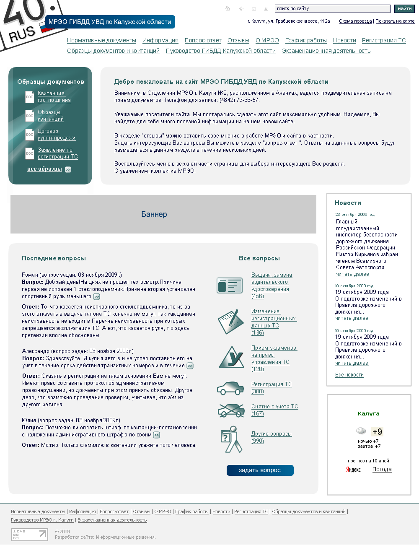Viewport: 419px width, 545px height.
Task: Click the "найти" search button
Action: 404,9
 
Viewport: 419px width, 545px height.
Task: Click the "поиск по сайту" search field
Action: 332,9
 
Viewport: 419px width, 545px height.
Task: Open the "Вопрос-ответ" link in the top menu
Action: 203,41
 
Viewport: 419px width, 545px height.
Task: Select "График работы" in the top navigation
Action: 306,41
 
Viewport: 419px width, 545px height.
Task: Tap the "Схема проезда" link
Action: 355,21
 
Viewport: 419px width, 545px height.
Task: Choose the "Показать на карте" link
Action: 395,21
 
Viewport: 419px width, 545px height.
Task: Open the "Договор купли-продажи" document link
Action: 57,135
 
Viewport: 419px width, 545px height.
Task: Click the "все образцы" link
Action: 44,169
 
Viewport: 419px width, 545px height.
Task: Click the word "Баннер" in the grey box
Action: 154,214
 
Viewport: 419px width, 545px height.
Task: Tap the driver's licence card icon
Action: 230,285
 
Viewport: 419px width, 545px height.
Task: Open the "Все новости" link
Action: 349,375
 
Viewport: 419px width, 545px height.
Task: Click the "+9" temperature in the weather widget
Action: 377,432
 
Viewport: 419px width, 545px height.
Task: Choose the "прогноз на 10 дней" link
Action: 368,461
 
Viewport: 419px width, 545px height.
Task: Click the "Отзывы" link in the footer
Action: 142,512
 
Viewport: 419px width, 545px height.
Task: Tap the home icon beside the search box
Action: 228,9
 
